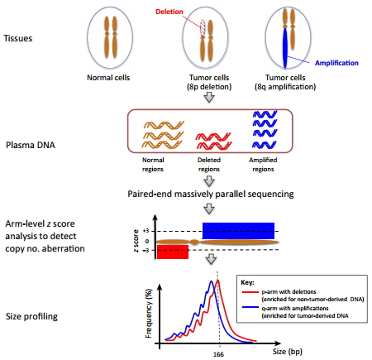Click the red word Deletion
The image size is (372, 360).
[169, 12]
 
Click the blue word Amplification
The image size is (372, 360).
[336, 63]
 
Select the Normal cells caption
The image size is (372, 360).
[108, 78]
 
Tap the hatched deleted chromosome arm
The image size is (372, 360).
[203, 27]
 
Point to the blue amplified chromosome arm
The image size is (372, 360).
[285, 47]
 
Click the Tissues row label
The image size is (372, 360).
[18, 38]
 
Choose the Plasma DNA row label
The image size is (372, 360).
[31, 145]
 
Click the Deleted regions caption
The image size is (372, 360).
[209, 165]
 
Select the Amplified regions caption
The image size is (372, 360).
[263, 165]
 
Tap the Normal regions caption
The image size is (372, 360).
[153, 165]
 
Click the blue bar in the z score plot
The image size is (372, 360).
[238, 231]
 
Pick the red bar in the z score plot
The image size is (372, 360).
[173, 252]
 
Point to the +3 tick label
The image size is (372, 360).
[145, 231]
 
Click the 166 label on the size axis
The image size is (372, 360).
[218, 354]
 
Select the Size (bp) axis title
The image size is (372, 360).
[288, 352]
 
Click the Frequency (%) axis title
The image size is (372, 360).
[149, 314]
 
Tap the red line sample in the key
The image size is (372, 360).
[250, 292]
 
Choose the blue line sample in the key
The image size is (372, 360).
[250, 307]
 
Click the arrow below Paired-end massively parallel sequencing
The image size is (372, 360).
[209, 209]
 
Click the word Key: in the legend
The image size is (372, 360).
[247, 282]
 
